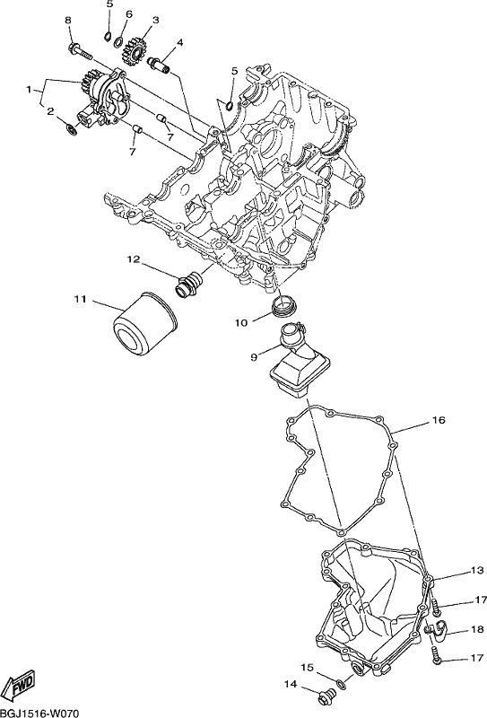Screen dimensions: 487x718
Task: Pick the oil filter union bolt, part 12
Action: (x=188, y=284)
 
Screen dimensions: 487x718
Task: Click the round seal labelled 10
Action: (x=282, y=305)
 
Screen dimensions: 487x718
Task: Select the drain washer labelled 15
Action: (x=339, y=684)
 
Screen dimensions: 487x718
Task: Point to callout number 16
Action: (x=438, y=420)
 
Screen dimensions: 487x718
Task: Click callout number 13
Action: (x=476, y=571)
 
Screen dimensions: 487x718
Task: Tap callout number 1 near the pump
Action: (x=30, y=89)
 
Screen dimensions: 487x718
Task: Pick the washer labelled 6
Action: (x=118, y=40)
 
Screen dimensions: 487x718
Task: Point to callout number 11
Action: (x=80, y=300)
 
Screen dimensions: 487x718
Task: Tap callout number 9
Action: (x=254, y=356)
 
